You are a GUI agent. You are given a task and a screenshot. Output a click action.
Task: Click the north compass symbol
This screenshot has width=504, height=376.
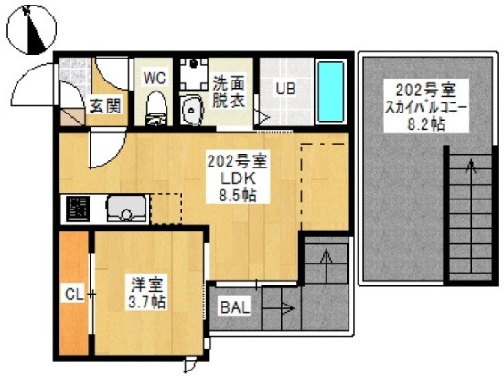coord(31,29)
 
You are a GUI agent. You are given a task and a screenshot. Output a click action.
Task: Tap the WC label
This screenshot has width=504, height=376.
coord(155,78)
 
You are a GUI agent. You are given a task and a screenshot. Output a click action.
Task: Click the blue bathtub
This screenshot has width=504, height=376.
coord(331,91)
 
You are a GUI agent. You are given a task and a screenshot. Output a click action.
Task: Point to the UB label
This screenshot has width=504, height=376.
coord(285,88)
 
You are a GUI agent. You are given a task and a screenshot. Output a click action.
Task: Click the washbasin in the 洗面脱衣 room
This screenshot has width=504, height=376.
coord(191,110)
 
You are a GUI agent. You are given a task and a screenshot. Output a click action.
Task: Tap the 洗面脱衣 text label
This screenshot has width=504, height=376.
coord(229,91)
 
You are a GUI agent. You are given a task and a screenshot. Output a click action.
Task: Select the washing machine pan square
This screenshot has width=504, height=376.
coord(194,73)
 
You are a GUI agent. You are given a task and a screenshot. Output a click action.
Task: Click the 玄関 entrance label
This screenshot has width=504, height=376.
coord(105,105)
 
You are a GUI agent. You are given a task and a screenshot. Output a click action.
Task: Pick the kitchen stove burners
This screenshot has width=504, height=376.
coord(78,208)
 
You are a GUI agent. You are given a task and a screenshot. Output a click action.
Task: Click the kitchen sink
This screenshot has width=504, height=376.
coord(127,209)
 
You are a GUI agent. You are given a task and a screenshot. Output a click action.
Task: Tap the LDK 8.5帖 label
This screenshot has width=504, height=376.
coord(238,177)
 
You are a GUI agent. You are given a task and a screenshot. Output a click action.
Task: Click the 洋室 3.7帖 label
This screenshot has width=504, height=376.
coord(147,292)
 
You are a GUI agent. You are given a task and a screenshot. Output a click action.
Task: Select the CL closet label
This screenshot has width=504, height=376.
coord(74,295)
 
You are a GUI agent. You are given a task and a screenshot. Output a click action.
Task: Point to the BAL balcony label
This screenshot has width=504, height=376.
coord(235,307)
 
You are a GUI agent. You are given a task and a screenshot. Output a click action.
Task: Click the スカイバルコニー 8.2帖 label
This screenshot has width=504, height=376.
coord(426,106)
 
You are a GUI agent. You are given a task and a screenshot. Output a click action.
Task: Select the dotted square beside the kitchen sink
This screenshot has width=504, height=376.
coord(166,209)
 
